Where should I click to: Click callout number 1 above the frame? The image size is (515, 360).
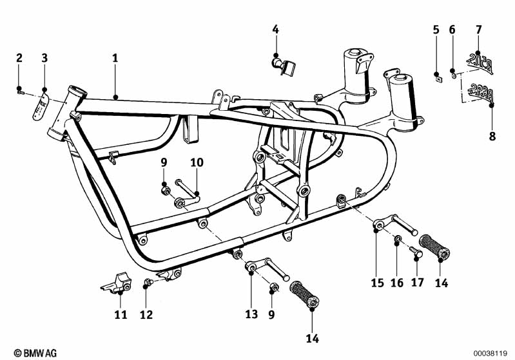click(x=115, y=58)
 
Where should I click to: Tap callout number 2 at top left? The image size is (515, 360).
click(x=19, y=58)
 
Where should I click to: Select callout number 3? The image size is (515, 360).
click(x=44, y=58)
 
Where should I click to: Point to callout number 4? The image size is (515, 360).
click(x=275, y=29)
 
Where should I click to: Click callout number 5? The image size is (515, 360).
click(x=436, y=29)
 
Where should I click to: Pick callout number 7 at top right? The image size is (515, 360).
click(x=478, y=29)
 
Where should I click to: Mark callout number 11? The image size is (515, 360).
click(x=121, y=314)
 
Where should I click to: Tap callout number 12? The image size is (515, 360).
click(x=148, y=314)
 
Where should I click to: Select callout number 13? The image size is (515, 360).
click(x=251, y=314)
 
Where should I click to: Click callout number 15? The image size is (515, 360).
click(x=377, y=282)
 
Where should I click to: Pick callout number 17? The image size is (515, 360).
click(x=417, y=282)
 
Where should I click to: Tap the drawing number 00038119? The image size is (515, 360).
click(x=491, y=353)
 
